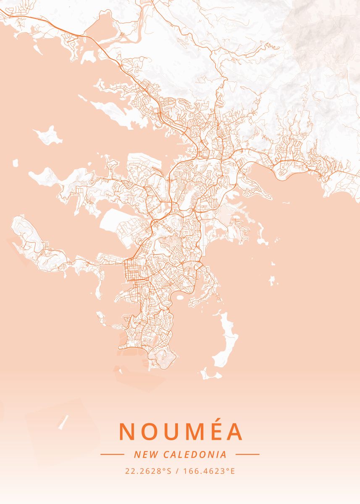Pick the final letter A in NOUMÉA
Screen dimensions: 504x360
pos(234,431)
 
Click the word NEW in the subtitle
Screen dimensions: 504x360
pos(143,454)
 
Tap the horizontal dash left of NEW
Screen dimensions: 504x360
pos(112,454)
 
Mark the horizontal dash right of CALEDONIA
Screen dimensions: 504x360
pos(247,454)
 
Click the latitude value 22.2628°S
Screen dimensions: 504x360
pos(148,471)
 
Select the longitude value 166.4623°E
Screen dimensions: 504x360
pos(210,471)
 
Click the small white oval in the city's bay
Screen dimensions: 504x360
pos(180,298)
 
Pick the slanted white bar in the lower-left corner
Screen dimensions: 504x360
pos(63,422)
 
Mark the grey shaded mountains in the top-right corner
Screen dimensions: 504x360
pos(323,34)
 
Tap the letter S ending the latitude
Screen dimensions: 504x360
pos(169,471)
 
